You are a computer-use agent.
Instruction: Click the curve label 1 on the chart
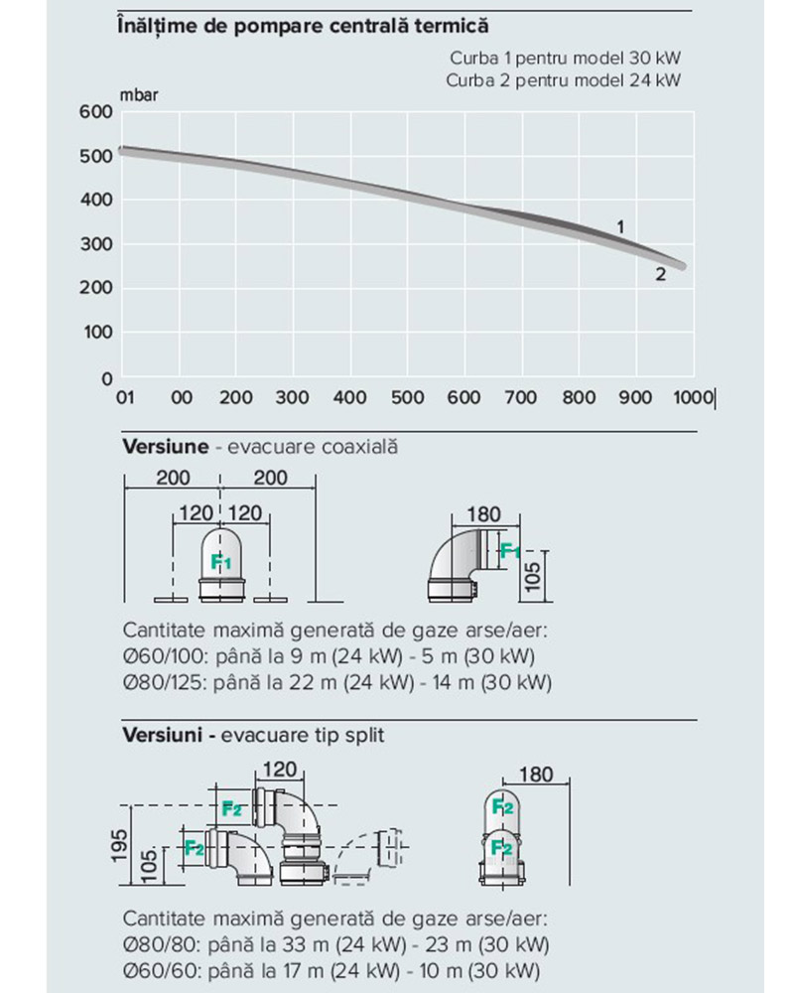point(620,227)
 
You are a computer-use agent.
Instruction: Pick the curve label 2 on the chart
point(660,274)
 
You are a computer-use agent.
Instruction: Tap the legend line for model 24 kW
point(564,79)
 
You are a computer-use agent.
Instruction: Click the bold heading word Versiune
point(165,447)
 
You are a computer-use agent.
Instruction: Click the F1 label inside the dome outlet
point(220,561)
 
